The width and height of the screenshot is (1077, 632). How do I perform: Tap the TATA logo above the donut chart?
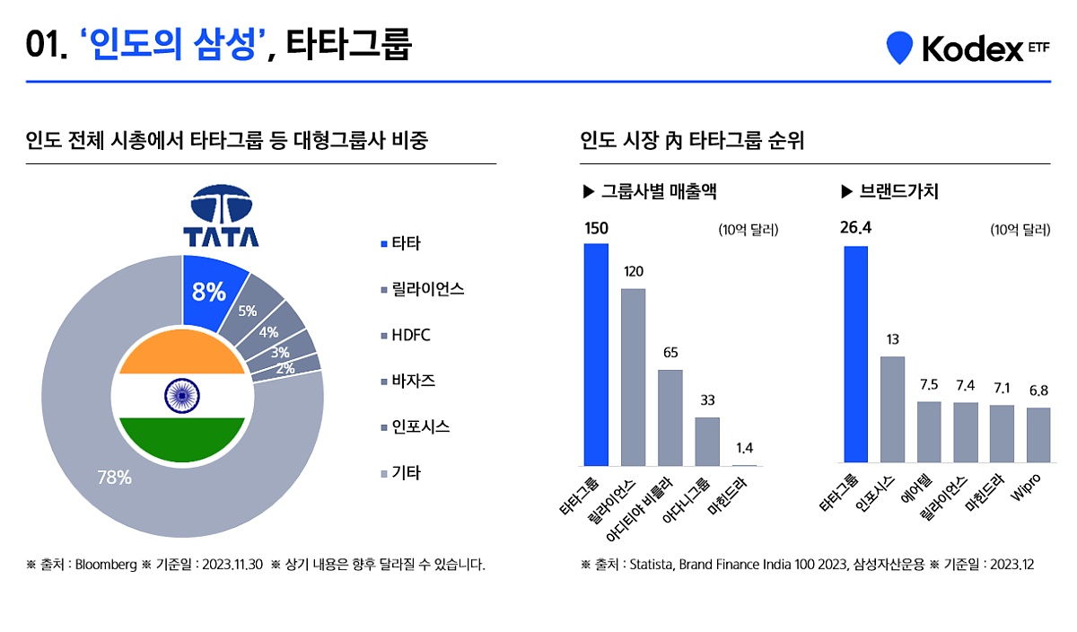point(221,216)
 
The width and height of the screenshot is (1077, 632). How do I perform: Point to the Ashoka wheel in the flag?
point(182,395)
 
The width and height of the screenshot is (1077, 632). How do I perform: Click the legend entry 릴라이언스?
point(422,288)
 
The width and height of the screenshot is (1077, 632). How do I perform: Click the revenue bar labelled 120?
point(634,377)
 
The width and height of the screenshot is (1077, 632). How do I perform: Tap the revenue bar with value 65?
point(670,417)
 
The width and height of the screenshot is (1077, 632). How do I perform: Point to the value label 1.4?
point(744,447)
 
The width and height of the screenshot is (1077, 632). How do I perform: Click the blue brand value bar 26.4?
point(856,355)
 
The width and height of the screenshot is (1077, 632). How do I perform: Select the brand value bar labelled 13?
point(893,409)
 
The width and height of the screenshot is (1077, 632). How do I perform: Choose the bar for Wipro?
point(1038,435)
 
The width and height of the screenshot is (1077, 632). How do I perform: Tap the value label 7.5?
point(929,385)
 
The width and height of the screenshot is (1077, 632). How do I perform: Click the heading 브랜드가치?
point(897,191)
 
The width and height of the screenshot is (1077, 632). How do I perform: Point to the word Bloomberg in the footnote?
point(105,566)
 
